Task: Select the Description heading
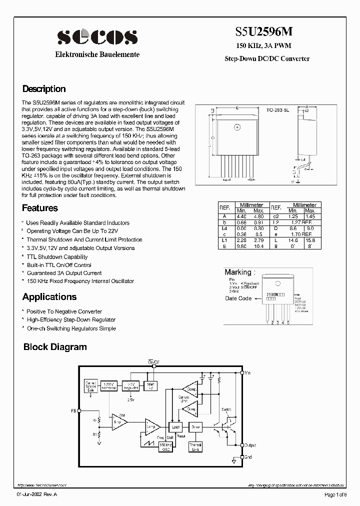pyautogui.click(x=44, y=89)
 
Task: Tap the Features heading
pyautogui.click(x=40, y=208)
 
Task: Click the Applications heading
pyautogui.click(x=49, y=297)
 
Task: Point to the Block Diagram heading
pyautogui.click(x=55, y=347)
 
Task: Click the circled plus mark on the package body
pyautogui.click(x=237, y=127)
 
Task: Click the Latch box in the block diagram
pyautogui.click(x=175, y=427)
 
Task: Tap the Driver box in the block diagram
pyautogui.click(x=195, y=427)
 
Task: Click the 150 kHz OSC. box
pyautogui.click(x=165, y=446)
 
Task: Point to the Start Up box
pyautogui.click(x=150, y=385)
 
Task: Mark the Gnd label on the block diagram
pyautogui.click(x=248, y=456)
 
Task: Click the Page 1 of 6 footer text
pyautogui.click(x=337, y=495)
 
